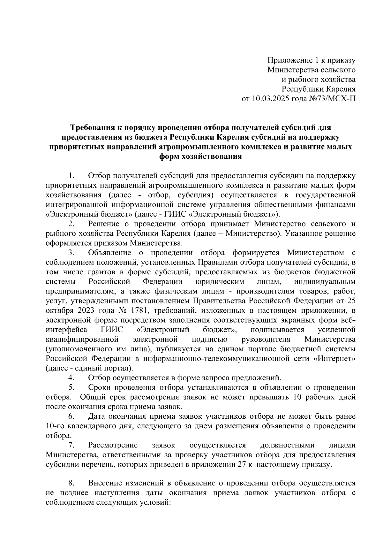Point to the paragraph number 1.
point(71,176)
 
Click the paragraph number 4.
point(71,378)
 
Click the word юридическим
point(219,282)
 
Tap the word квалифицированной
point(82,339)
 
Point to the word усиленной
point(337,329)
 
